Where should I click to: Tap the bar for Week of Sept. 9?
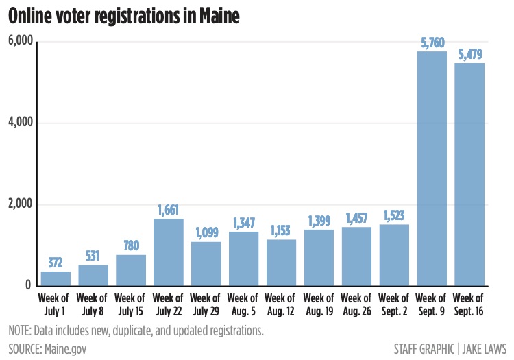[432, 168]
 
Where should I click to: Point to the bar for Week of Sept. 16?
[470, 174]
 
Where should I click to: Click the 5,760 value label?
[432, 43]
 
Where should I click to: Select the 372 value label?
[56, 263]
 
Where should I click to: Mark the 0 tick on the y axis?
[29, 285]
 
